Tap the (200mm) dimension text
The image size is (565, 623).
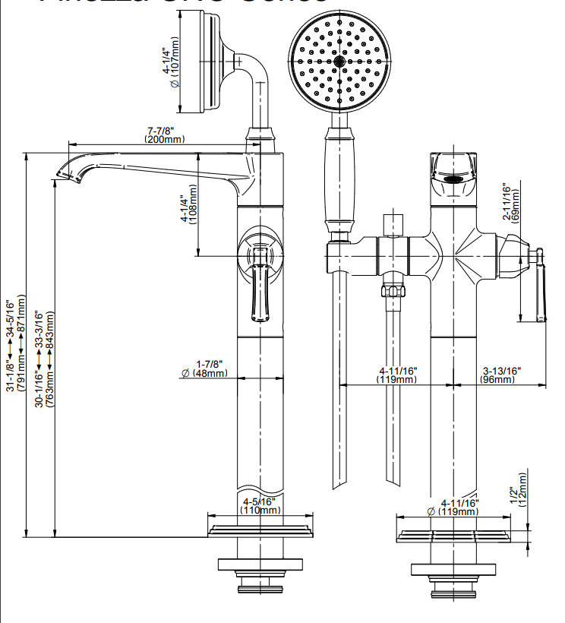(165, 139)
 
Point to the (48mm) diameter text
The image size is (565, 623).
(210, 373)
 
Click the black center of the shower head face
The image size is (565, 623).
(338, 60)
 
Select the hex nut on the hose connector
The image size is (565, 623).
(393, 291)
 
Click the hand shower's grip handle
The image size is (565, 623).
(339, 182)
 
